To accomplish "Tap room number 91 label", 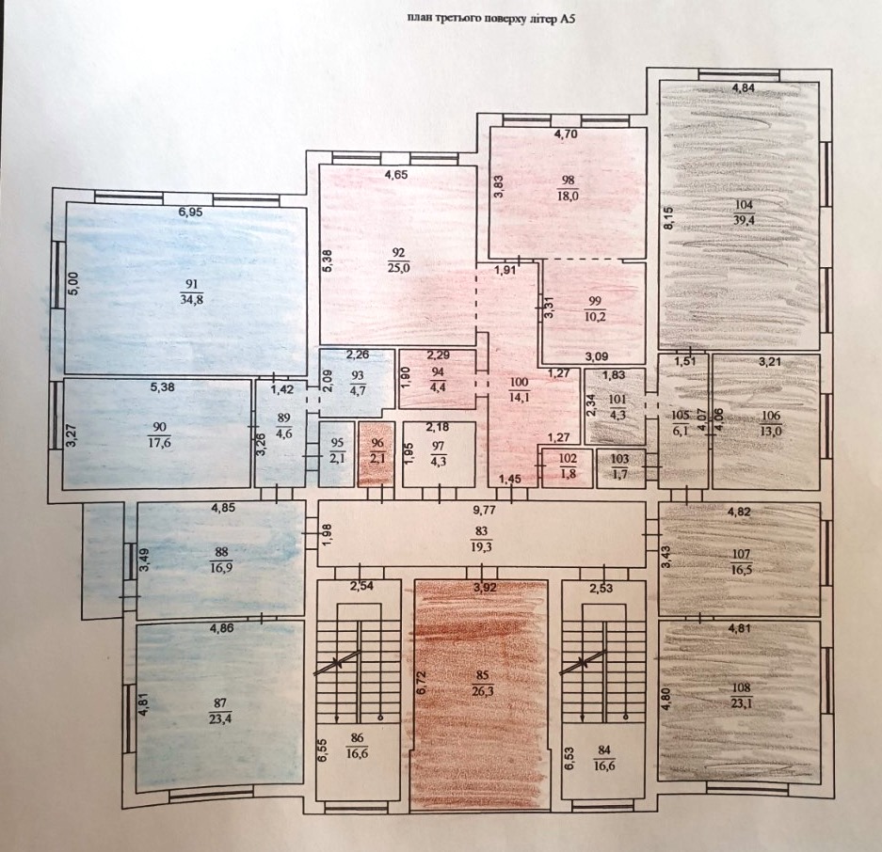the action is pos(191,284).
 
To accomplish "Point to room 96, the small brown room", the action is pos(377,454).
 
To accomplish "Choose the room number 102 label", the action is pos(568,459).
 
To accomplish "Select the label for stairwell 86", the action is pos(357,738).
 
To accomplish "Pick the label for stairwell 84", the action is pos(603,750).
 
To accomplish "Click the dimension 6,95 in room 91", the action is pos(190,213).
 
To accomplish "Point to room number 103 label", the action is pos(620,459).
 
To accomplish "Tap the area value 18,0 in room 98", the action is pos(569,197).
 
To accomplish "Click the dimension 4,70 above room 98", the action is pos(566,134).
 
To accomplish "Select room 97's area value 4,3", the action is pos(439,463).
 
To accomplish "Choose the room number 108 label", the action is pos(742,687).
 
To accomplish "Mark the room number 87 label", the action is pos(220,702).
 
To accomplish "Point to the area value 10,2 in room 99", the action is pos(595,316).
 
